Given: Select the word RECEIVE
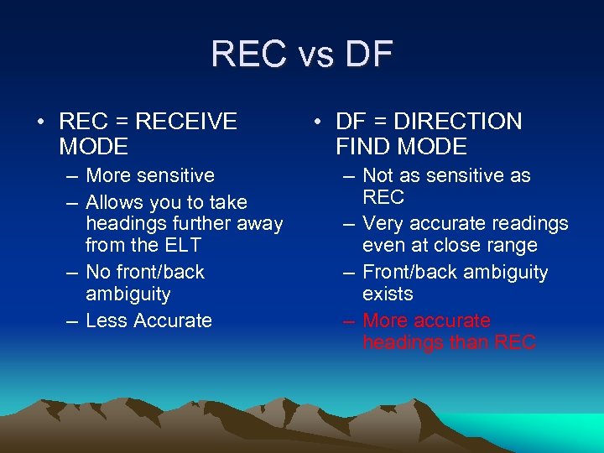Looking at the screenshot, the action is click(186, 122).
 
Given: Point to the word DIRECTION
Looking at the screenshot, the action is click(458, 122).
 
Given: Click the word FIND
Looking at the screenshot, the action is click(358, 147).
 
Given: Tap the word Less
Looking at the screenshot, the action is click(106, 320).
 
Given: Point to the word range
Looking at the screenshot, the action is click(514, 246).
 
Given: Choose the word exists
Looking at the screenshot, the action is click(388, 294).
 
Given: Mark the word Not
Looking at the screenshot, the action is click(379, 175).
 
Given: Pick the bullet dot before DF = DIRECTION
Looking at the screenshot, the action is click(318, 122).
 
